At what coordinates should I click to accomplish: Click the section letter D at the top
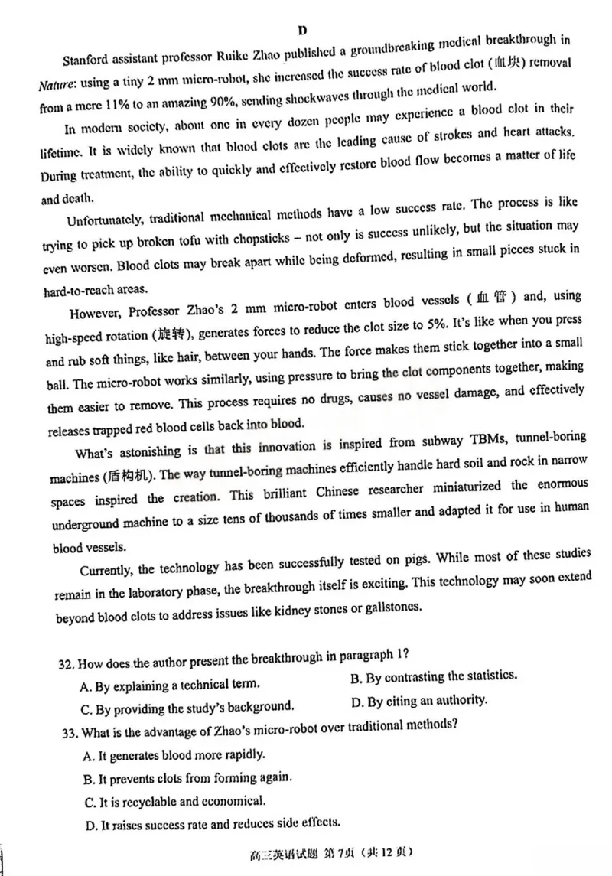click(x=303, y=31)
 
